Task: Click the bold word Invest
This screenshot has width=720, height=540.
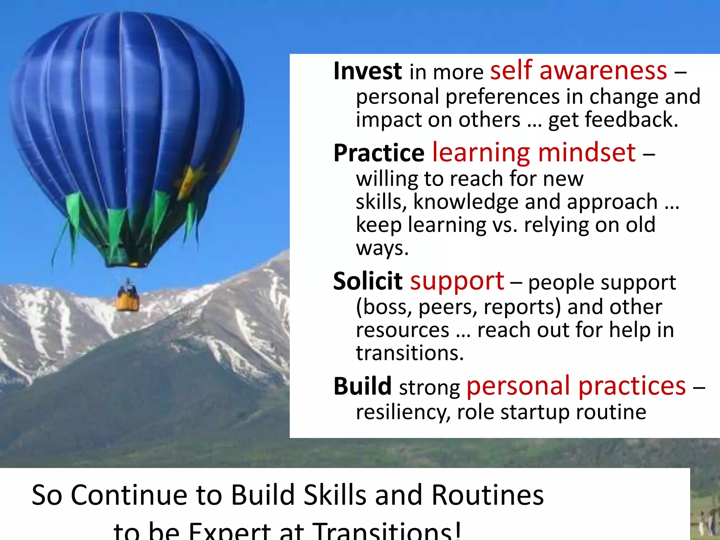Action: click(x=367, y=71)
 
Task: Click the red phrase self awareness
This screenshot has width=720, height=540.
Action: click(x=578, y=70)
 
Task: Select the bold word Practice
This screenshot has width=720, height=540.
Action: click(x=379, y=153)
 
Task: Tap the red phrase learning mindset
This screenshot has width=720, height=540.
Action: click(x=534, y=153)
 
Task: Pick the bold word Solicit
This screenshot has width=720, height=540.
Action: click(x=367, y=281)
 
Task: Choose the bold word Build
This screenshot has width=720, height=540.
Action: click(x=362, y=386)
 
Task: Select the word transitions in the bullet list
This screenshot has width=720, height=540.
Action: click(x=410, y=353)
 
